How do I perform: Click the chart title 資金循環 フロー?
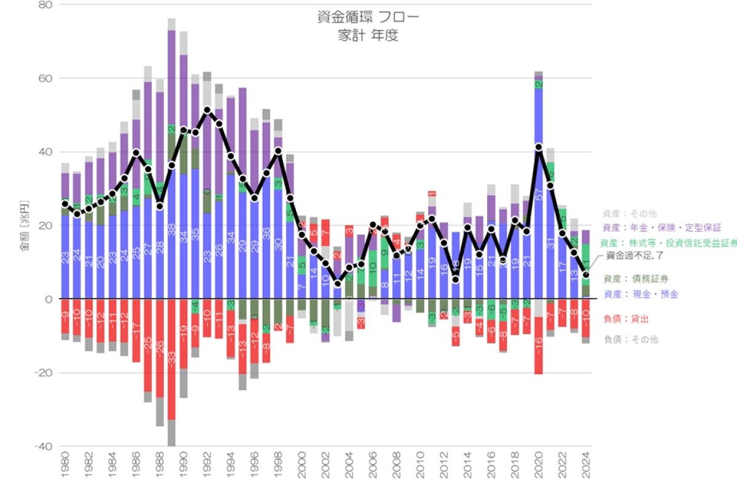tap(368, 17)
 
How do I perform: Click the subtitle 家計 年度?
tap(368, 36)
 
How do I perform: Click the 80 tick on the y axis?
tap(46, 5)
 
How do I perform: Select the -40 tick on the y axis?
tap(44, 446)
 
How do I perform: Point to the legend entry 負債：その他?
tap(631, 339)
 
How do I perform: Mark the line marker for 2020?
tap(539, 148)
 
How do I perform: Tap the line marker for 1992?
tap(207, 110)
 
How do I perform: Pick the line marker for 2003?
tap(337, 283)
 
